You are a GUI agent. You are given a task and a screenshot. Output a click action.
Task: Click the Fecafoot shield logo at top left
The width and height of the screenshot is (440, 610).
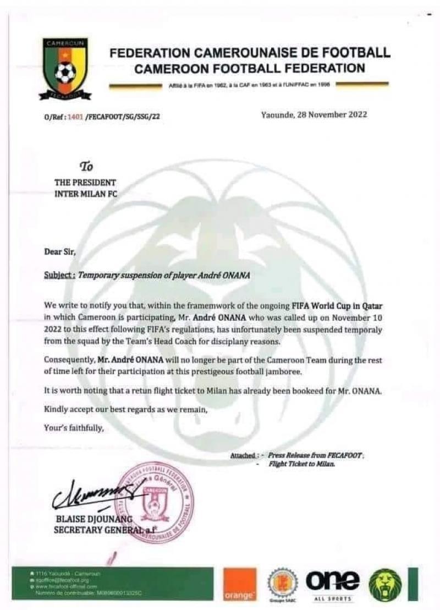coord(65,68)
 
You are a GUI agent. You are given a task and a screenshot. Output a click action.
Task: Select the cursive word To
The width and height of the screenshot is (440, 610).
coord(87,166)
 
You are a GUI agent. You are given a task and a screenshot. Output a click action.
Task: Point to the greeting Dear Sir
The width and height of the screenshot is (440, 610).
coord(60,251)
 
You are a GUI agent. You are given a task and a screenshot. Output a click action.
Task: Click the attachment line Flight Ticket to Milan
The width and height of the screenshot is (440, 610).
coord(302,465)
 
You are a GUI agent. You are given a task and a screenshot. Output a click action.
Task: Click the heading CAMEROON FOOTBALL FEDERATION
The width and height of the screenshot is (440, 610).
coord(250,68)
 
